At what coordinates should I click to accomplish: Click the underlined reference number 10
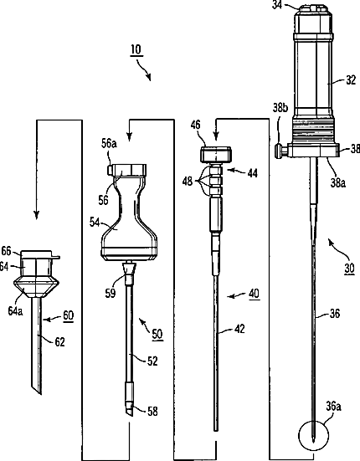[136, 49]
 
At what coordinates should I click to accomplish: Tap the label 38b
[280, 108]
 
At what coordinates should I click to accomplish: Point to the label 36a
[333, 407]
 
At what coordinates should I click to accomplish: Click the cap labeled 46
[216, 154]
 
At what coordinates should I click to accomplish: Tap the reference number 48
[188, 182]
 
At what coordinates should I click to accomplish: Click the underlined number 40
[255, 294]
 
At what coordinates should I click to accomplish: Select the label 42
[240, 329]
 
